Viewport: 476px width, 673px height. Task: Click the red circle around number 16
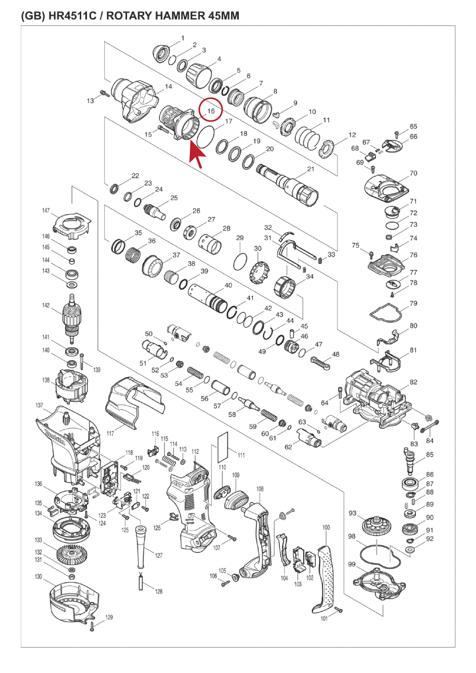(211, 109)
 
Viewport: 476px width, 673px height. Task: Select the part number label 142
(46, 305)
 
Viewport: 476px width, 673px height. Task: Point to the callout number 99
(352, 564)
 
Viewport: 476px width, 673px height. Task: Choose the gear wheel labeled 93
(376, 526)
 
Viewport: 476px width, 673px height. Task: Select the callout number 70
(413, 173)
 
